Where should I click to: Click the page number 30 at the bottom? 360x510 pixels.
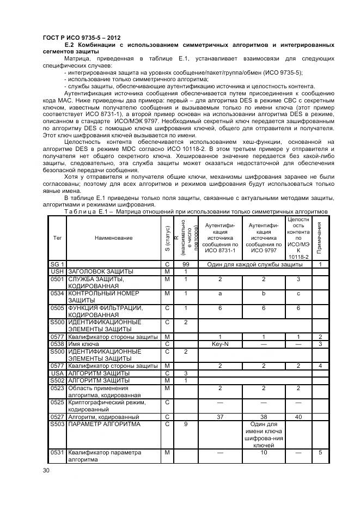click(46, 470)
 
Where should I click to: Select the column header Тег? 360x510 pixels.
click(57, 238)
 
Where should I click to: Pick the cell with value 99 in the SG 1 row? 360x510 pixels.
click(186, 264)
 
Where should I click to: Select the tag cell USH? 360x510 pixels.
click(57, 271)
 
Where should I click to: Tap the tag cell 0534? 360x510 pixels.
click(57, 293)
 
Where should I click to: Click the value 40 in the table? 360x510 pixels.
click(298, 416)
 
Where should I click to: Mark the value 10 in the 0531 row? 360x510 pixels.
click(264, 452)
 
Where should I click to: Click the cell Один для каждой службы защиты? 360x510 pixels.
click(254, 264)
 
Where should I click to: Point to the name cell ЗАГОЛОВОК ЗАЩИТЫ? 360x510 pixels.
click(100, 271)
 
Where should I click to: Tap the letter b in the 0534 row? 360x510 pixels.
click(264, 293)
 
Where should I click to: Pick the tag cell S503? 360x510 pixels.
click(57, 423)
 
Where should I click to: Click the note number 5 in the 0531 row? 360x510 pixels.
click(320, 452)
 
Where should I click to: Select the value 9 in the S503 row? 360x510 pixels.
click(186, 423)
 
